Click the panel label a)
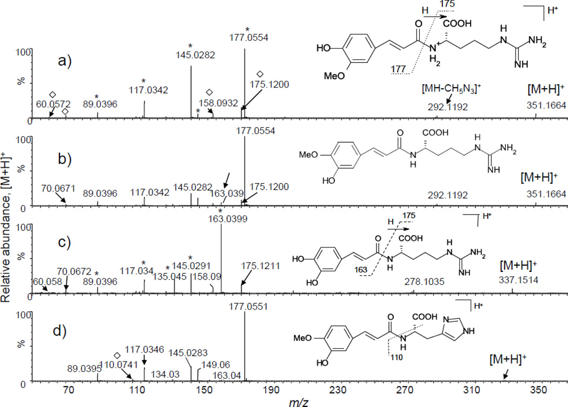[68, 59]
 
